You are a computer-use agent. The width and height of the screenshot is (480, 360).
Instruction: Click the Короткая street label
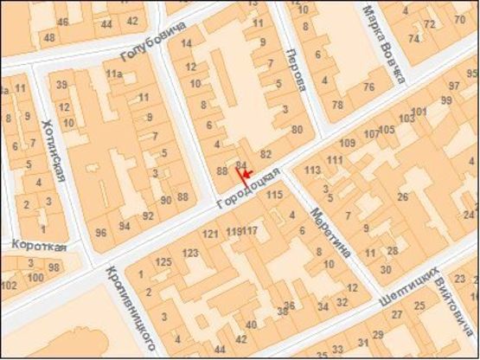pyautogui.click(x=38, y=246)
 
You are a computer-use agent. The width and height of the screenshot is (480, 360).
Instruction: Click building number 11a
pyautogui.click(x=114, y=75)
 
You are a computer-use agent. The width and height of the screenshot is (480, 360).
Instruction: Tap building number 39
pyautogui.click(x=62, y=84)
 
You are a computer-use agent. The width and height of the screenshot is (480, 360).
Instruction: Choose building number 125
pyautogui.click(x=163, y=261)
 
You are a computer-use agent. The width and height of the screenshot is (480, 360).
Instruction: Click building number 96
pyautogui.click(x=101, y=232)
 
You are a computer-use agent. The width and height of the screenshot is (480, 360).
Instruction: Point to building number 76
pyautogui.click(x=368, y=87)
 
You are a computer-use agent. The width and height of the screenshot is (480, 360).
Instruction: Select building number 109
pyautogui.click(x=349, y=142)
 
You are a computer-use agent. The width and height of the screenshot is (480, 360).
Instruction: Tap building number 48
pyautogui.click(x=49, y=37)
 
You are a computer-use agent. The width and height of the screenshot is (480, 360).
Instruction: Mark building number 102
pyautogui.click(x=9, y=286)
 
